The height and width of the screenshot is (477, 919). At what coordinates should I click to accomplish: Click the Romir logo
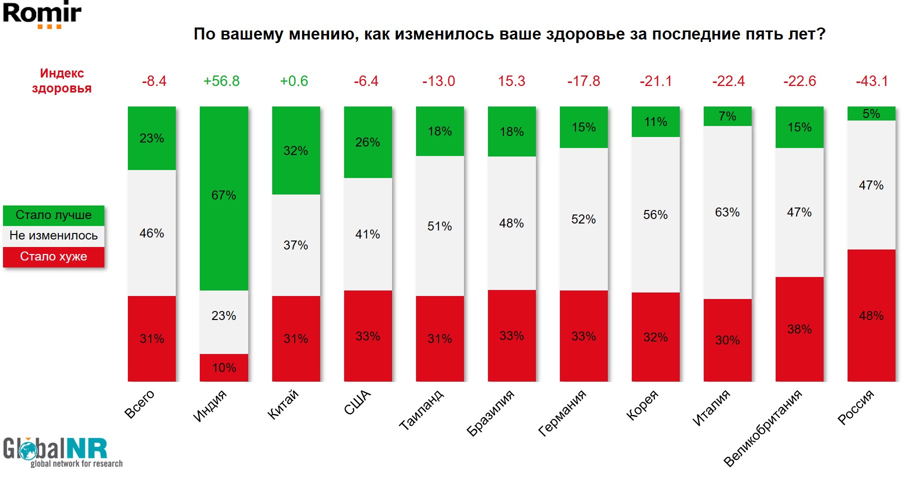tap(42, 14)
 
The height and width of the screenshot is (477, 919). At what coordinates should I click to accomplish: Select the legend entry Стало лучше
tap(53, 215)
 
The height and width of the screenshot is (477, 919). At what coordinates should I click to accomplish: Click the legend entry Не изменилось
tap(53, 235)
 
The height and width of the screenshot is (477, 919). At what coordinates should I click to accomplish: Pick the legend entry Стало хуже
tap(53, 256)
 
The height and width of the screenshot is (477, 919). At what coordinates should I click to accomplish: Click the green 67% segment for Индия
tap(224, 197)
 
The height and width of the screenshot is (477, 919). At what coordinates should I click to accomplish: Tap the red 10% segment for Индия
tap(224, 367)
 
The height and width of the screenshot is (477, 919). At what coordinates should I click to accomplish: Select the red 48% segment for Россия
tap(871, 315)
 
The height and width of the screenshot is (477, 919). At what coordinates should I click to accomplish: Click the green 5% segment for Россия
tap(871, 113)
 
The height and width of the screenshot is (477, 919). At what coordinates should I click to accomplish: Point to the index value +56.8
tap(221, 81)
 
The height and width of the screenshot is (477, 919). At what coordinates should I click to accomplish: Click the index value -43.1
tap(872, 81)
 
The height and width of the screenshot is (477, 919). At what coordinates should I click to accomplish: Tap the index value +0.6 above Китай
tap(294, 81)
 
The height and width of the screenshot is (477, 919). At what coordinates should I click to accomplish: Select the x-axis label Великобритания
tap(763, 428)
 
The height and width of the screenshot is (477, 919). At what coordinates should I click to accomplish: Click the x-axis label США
tap(358, 402)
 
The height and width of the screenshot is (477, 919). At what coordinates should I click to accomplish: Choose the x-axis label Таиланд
tap(421, 410)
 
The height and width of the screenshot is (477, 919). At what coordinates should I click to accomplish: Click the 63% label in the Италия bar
tap(727, 212)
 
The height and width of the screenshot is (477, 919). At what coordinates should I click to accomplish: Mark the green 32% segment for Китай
tap(296, 150)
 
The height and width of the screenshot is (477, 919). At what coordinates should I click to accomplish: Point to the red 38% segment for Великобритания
tap(799, 329)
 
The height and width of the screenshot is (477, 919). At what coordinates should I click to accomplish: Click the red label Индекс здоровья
tap(62, 81)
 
